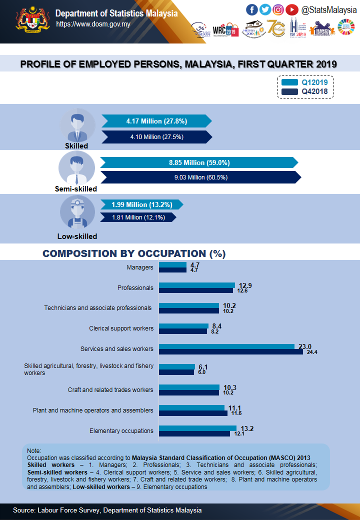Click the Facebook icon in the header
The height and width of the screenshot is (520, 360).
pos(252,9)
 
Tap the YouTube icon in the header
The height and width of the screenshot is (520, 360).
pos(291,9)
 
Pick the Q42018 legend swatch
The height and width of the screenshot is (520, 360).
pos(289,91)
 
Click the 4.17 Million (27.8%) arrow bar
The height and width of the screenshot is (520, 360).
pos(156,121)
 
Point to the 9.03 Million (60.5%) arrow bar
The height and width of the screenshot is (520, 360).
pos(200,177)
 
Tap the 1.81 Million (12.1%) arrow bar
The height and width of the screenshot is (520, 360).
pos(137,217)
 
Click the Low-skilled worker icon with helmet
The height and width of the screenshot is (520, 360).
pos(77,212)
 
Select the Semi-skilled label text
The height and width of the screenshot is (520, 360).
pos(76,189)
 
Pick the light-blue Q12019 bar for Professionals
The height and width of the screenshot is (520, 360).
pos(197,285)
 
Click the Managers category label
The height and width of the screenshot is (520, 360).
pos(140,267)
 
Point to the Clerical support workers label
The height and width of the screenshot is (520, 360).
pos(121,328)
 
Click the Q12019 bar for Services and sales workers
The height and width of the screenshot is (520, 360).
pos(227,346)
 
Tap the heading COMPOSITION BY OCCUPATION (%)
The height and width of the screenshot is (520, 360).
pos(134,253)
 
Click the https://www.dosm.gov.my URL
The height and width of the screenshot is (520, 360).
pos(93,23)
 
